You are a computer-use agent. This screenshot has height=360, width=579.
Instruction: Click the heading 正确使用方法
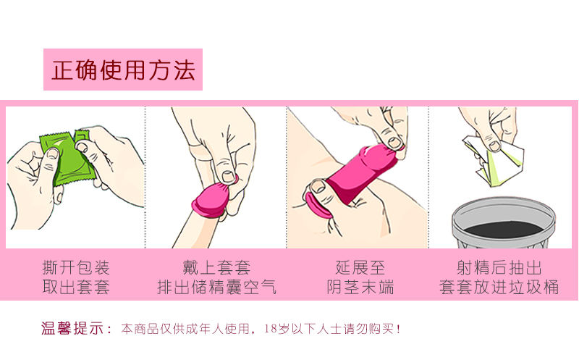pyautogui.click(x=123, y=70)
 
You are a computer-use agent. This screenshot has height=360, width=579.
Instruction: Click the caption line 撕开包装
pyautogui.click(x=76, y=267)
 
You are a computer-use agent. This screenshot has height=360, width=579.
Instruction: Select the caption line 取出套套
pyautogui.click(x=76, y=287)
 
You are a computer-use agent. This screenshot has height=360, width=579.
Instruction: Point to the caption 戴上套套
pyautogui.click(x=216, y=267)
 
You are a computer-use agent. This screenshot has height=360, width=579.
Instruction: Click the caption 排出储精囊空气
pyautogui.click(x=216, y=287)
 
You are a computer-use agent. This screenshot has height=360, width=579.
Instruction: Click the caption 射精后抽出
pyautogui.click(x=499, y=267)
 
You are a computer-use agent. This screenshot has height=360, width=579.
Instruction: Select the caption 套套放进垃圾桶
pyautogui.click(x=499, y=287)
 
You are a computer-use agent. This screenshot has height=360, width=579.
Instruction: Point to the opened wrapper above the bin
pyautogui.click(x=499, y=159)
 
